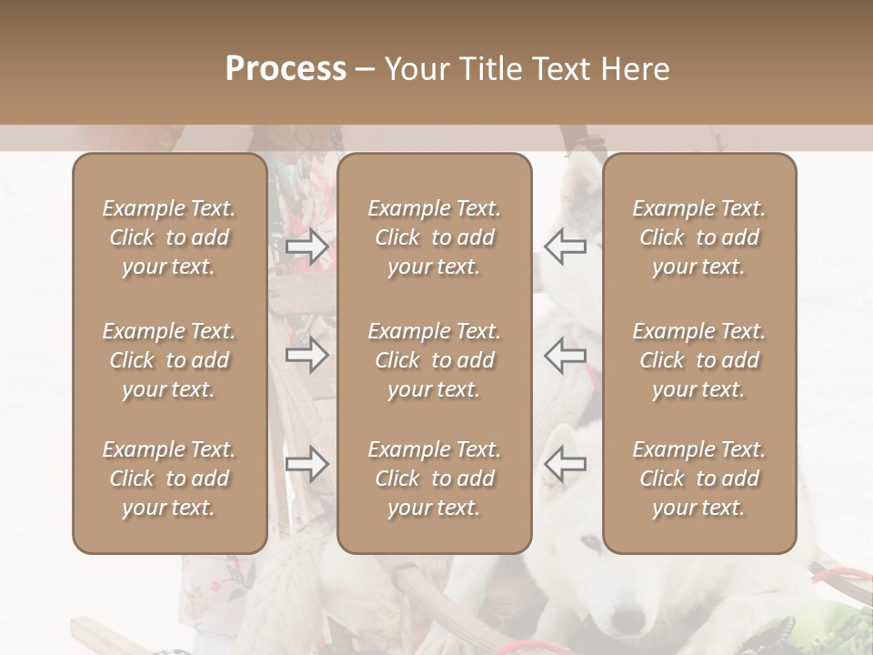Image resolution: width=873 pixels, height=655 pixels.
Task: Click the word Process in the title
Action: pyautogui.click(x=286, y=70)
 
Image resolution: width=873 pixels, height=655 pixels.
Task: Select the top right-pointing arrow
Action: pyautogui.click(x=307, y=247)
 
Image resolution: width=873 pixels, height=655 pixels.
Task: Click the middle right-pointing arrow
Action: pyautogui.click(x=307, y=355)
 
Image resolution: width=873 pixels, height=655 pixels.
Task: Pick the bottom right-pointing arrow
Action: pyautogui.click(x=307, y=464)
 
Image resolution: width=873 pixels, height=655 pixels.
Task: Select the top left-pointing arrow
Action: pyautogui.click(x=565, y=247)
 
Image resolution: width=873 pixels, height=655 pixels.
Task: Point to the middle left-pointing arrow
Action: pyautogui.click(x=565, y=355)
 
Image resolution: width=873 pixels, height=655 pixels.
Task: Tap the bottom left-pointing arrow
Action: pyautogui.click(x=565, y=464)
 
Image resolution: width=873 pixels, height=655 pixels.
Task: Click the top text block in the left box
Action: pyautogui.click(x=169, y=237)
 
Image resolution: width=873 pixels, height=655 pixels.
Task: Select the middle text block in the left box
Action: pyautogui.click(x=169, y=360)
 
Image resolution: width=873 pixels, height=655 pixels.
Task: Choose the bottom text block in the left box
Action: pyautogui.click(x=169, y=479)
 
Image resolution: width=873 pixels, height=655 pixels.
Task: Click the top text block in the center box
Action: pyautogui.click(x=434, y=237)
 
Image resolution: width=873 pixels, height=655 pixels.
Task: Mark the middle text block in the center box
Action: pyautogui.click(x=434, y=360)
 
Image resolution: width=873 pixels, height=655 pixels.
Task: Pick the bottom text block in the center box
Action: pyautogui.click(x=434, y=479)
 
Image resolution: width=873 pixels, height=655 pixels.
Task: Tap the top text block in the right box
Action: pyautogui.click(x=699, y=237)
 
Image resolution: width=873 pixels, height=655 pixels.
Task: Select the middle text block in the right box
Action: pyautogui.click(x=699, y=360)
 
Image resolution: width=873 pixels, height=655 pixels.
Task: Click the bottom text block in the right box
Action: pyautogui.click(x=699, y=479)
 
